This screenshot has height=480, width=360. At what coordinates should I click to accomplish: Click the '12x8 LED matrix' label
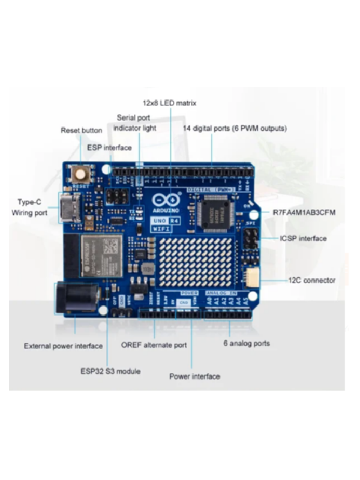tap(169, 103)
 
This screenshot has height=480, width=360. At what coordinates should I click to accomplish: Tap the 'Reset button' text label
tap(82, 130)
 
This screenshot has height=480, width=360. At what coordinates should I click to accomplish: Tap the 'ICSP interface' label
tap(303, 239)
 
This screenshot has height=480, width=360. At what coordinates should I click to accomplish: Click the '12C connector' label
tap(311, 280)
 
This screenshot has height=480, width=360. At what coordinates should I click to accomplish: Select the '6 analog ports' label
tap(246, 344)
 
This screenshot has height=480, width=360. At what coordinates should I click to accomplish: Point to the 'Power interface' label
tap(194, 377)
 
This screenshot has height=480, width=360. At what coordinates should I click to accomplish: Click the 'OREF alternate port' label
tap(154, 346)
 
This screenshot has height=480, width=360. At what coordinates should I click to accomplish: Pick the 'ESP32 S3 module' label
tap(110, 371)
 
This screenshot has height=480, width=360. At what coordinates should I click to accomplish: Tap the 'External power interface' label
tap(61, 346)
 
